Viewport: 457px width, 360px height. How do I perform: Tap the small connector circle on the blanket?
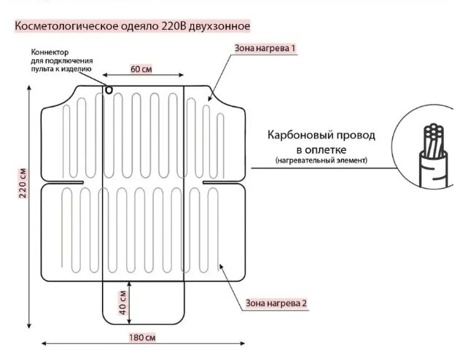(x=109, y=90)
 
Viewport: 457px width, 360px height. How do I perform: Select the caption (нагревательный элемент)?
(x=321, y=160)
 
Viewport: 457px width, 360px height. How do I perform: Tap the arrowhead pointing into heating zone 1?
(x=210, y=99)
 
